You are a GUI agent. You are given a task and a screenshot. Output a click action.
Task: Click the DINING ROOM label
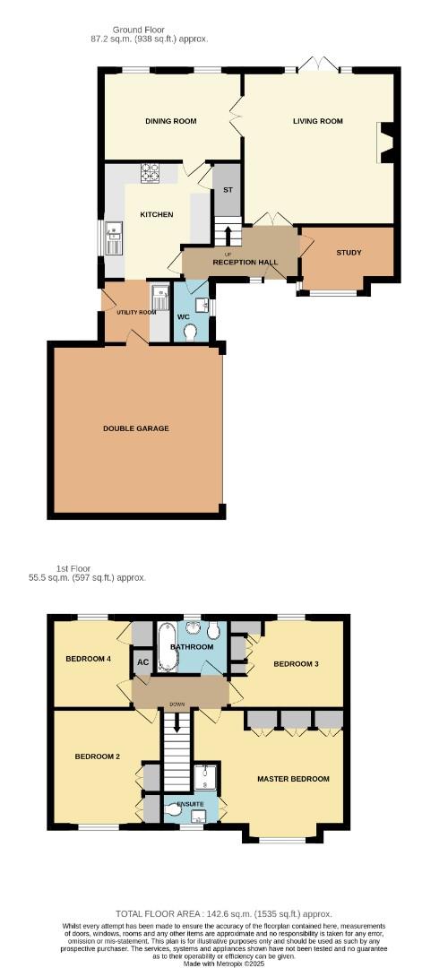(171, 122)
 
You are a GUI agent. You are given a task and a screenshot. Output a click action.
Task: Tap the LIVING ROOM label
(317, 122)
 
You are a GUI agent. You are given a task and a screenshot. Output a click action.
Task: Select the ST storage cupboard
(228, 190)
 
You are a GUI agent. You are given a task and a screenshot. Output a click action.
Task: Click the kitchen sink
(114, 239)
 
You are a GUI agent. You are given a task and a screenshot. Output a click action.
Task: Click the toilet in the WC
(190, 332)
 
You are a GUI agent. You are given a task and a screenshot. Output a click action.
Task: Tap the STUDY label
(349, 253)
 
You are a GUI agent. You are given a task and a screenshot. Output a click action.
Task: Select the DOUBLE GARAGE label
(135, 428)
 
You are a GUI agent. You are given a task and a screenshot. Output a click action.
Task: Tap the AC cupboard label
(142, 663)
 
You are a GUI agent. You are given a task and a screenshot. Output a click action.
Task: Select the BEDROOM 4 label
(89, 660)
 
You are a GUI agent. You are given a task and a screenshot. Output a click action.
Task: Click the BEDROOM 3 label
(296, 664)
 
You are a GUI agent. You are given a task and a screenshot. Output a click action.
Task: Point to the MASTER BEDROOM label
(293, 779)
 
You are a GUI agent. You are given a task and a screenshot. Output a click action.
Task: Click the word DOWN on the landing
(176, 704)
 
